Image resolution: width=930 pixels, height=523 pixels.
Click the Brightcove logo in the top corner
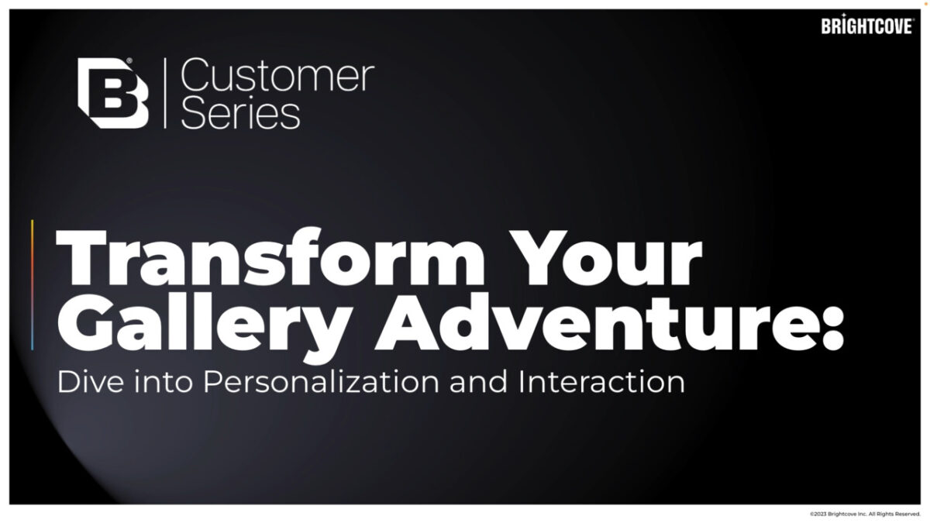[x=867, y=25]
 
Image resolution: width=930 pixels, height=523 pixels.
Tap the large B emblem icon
[x=113, y=93]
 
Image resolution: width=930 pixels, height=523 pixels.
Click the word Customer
[x=277, y=75]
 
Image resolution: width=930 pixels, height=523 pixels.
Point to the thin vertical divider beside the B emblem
[x=165, y=93]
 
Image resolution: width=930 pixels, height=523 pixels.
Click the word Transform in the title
[x=270, y=257]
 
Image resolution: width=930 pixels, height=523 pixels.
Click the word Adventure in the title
[x=598, y=322]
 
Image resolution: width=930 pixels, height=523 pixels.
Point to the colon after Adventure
[x=833, y=328]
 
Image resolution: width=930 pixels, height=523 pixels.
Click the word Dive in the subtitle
[x=91, y=381]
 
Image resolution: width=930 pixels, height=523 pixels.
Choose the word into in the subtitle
[x=164, y=381]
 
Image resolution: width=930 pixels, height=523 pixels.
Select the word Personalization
[x=321, y=381]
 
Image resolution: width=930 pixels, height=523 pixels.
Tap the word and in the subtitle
[x=478, y=381]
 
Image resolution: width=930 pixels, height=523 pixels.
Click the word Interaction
[x=601, y=381]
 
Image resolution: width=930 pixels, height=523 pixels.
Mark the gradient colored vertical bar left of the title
[x=33, y=285]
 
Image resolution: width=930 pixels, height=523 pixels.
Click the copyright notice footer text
[x=865, y=514]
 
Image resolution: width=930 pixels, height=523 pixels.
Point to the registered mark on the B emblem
[x=129, y=60]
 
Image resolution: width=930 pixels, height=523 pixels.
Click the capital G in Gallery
[x=85, y=322]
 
